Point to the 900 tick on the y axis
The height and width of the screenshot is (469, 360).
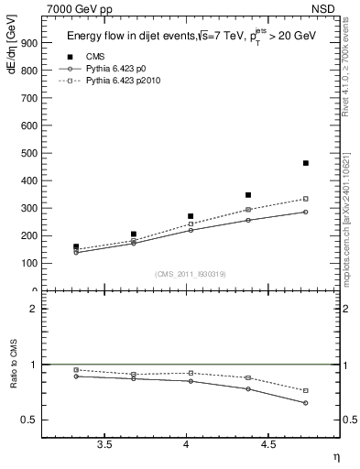26,43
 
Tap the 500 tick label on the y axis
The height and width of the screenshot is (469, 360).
26,153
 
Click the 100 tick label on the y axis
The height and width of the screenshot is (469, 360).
26,263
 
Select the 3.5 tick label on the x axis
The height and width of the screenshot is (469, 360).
104,444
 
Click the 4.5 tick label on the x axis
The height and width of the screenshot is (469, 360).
267,444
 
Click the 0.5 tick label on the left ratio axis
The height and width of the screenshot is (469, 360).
27,420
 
